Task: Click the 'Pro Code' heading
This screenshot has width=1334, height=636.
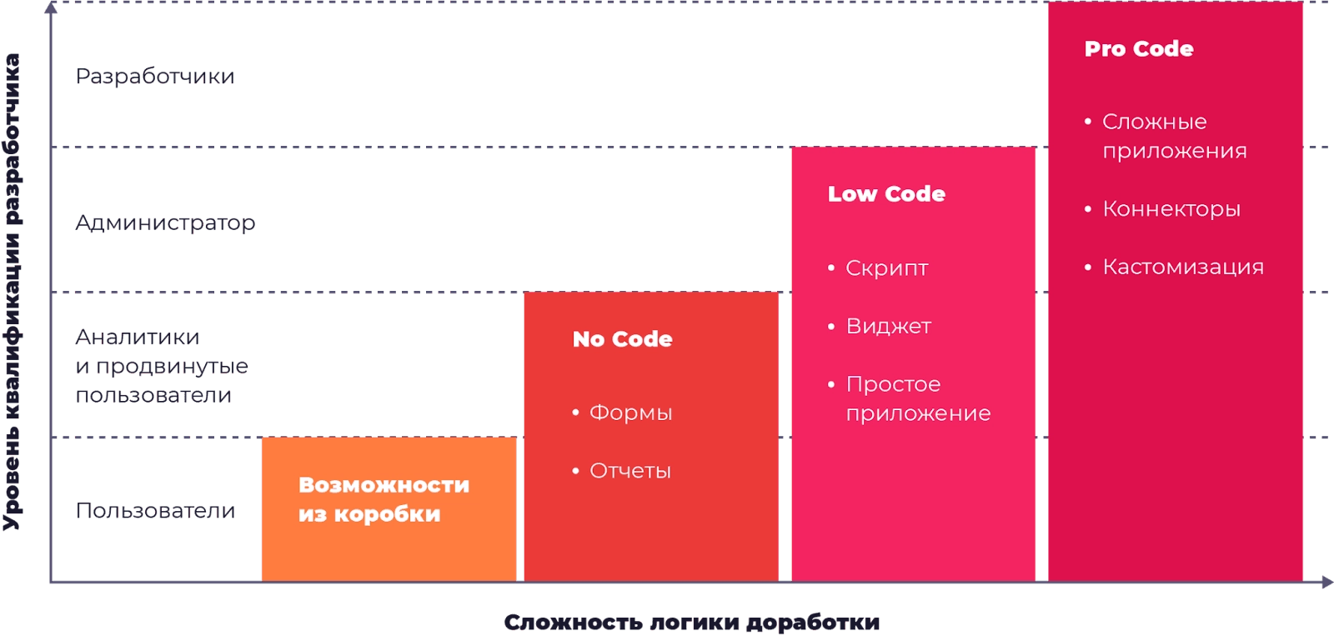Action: tap(1138, 49)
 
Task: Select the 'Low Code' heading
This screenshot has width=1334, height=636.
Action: tap(886, 194)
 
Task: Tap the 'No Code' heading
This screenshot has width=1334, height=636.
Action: tap(622, 339)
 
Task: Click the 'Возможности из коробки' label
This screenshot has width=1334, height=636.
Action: tap(384, 499)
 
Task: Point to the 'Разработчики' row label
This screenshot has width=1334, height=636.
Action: tap(155, 77)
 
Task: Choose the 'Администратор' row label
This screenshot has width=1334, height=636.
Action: tap(165, 223)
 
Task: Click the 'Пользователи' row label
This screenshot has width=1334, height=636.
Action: tap(155, 510)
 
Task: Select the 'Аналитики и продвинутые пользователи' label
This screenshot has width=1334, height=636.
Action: tap(162, 366)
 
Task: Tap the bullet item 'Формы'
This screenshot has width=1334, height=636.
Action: tap(630, 413)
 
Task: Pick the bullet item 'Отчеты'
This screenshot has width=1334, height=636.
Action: tap(629, 471)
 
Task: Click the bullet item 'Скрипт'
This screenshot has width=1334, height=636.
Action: tap(886, 268)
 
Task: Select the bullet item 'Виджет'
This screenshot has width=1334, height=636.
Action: tap(888, 326)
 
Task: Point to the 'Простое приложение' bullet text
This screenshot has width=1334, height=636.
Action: tap(917, 398)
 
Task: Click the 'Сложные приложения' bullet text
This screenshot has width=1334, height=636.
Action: tap(1174, 136)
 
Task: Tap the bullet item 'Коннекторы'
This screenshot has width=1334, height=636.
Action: tap(1171, 209)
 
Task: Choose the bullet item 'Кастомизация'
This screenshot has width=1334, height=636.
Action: tap(1182, 267)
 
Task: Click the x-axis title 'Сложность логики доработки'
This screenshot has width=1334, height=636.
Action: tap(692, 623)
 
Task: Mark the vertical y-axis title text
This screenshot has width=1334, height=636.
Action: tap(12, 292)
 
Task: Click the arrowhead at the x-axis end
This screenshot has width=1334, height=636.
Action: tap(1326, 582)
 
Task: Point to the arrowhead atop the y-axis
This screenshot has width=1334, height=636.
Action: tap(51, 8)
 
